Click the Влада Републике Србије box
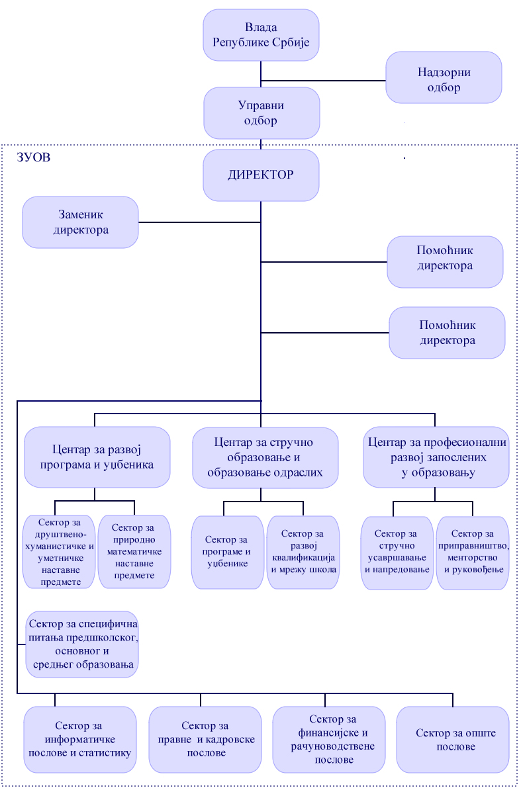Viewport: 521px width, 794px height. click(x=261, y=36)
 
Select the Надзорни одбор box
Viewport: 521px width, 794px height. click(x=444, y=78)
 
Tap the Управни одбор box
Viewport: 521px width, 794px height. click(x=261, y=113)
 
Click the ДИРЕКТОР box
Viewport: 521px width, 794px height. click(x=261, y=175)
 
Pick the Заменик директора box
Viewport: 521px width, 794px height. click(x=80, y=222)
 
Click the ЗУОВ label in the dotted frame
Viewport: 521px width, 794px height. click(x=33, y=158)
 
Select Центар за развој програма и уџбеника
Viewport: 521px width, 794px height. click(x=97, y=457)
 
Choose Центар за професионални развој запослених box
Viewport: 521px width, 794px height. click(x=436, y=457)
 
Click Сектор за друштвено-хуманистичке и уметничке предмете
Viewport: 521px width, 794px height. click(x=58, y=552)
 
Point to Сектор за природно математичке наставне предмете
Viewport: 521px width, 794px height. click(x=134, y=552)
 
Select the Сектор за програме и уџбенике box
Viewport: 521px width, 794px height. click(x=227, y=552)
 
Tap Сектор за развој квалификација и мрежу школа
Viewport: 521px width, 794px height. click(x=303, y=552)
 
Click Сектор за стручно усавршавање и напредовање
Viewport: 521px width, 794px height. click(x=397, y=552)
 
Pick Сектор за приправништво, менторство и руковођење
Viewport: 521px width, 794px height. click(x=473, y=552)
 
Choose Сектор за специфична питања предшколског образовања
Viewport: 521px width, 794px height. click(x=82, y=644)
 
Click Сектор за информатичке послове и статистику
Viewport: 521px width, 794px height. click(x=79, y=739)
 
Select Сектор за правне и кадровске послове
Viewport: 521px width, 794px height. click(x=205, y=739)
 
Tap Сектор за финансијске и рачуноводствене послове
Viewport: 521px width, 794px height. click(x=329, y=739)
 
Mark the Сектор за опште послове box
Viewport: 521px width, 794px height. click(x=453, y=739)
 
